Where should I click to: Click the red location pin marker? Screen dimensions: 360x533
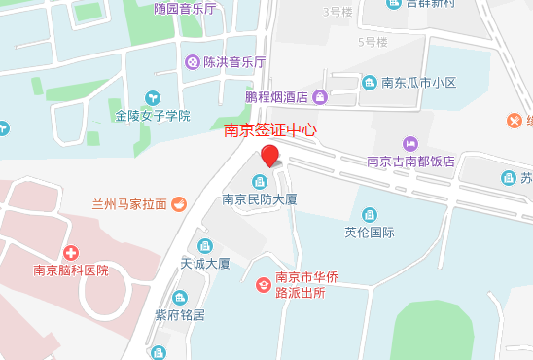pos(269,157)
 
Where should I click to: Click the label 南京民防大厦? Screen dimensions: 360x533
pos(259,199)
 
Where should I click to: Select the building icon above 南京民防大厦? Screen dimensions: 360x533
pos(260,181)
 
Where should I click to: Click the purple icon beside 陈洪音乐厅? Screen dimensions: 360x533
pos(194,62)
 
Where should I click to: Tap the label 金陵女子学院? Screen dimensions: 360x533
pos(153,116)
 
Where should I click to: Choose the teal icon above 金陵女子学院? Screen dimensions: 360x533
pos(153,97)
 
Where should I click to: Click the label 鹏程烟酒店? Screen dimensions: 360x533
pos(276,97)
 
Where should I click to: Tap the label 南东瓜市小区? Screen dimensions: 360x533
pos(416,83)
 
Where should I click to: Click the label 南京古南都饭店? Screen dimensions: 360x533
pos(409,162)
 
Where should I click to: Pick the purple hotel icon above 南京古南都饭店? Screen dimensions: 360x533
pos(409,144)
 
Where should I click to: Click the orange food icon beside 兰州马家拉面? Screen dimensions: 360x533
pos(179,204)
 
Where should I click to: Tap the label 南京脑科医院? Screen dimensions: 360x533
pos(69,270)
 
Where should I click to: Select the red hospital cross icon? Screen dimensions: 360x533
pos(69,253)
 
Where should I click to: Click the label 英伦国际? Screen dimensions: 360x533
pos(369,233)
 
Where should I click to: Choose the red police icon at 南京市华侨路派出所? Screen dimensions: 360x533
pos(262,284)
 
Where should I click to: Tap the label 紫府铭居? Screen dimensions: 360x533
pos(180,315)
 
